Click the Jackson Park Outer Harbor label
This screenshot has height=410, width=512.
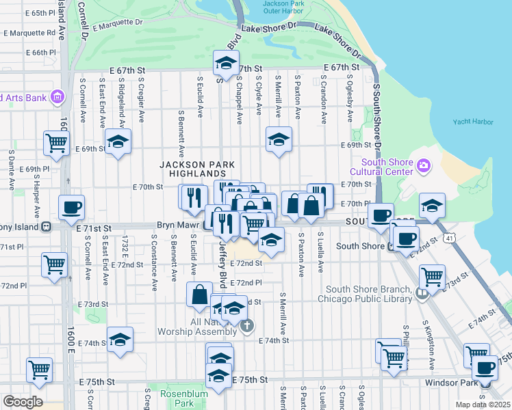(x=285, y=8)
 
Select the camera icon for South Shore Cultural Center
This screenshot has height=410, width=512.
(x=424, y=165)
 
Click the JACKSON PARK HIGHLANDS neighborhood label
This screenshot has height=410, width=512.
(x=198, y=169)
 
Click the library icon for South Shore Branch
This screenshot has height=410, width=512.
(x=422, y=293)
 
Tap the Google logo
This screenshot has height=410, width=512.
(x=23, y=402)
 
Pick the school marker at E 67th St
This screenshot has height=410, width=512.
(x=224, y=63)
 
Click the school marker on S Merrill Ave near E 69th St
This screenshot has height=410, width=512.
(x=279, y=140)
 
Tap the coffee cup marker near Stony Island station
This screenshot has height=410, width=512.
(x=71, y=208)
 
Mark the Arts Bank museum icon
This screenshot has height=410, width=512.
(x=56, y=96)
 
